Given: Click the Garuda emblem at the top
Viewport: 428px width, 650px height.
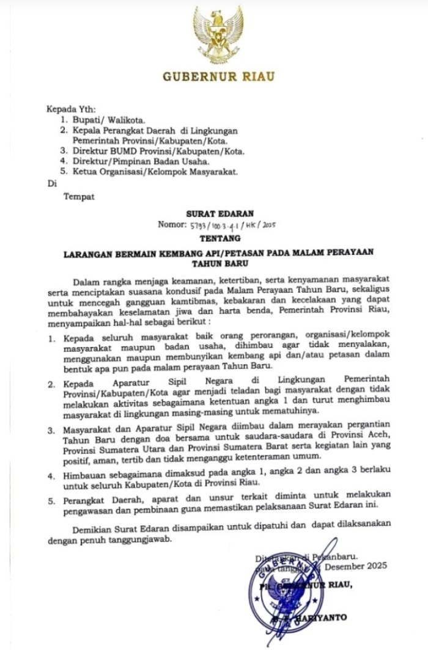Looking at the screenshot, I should click(218, 35).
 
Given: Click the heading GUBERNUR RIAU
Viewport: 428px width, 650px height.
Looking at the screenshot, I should click(218, 76).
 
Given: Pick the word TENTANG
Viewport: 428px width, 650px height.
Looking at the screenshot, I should click(220, 238).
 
